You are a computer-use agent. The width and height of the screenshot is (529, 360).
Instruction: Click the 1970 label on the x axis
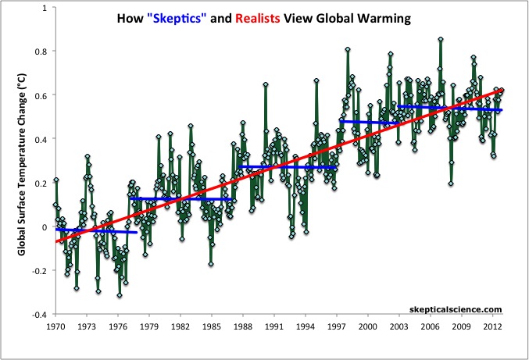click(x=55, y=326)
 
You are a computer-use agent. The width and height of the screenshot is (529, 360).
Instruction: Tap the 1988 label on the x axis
click(x=243, y=326)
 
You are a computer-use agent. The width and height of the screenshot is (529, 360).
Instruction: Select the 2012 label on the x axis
click(x=493, y=326)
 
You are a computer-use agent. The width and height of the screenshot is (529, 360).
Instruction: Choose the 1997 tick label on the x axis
click(x=337, y=326)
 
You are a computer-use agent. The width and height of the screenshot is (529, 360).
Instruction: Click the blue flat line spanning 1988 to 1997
click(x=288, y=167)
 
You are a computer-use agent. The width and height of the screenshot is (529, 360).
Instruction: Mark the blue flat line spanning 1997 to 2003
click(x=369, y=122)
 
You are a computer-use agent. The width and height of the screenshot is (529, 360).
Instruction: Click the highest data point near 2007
click(x=441, y=39)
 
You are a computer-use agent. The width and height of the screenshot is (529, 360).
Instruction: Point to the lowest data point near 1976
click(x=120, y=295)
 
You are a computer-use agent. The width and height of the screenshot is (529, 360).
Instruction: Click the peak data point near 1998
click(x=347, y=49)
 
